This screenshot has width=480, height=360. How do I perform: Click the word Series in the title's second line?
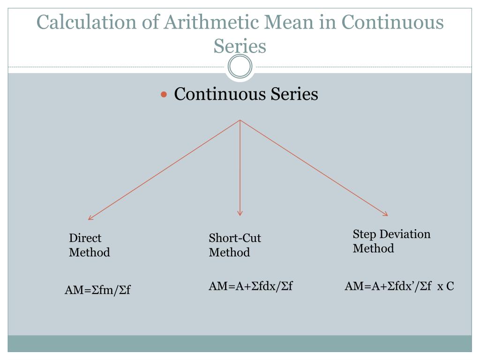240,46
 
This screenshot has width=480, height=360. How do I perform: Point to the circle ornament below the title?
240,67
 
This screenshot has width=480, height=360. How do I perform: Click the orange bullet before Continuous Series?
164,95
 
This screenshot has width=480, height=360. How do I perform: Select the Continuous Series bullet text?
246,94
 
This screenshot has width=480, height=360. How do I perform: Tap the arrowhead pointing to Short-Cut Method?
240,213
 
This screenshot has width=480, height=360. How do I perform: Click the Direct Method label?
89,245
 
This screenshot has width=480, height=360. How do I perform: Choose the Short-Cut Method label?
235,245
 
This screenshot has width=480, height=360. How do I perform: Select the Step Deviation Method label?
391,241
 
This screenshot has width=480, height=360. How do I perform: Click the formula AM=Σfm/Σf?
97,290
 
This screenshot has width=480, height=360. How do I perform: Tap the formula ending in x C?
399,286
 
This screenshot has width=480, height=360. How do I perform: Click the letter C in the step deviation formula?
450,286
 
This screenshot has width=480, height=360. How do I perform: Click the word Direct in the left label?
85,238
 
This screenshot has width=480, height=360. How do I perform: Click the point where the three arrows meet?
240,120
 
